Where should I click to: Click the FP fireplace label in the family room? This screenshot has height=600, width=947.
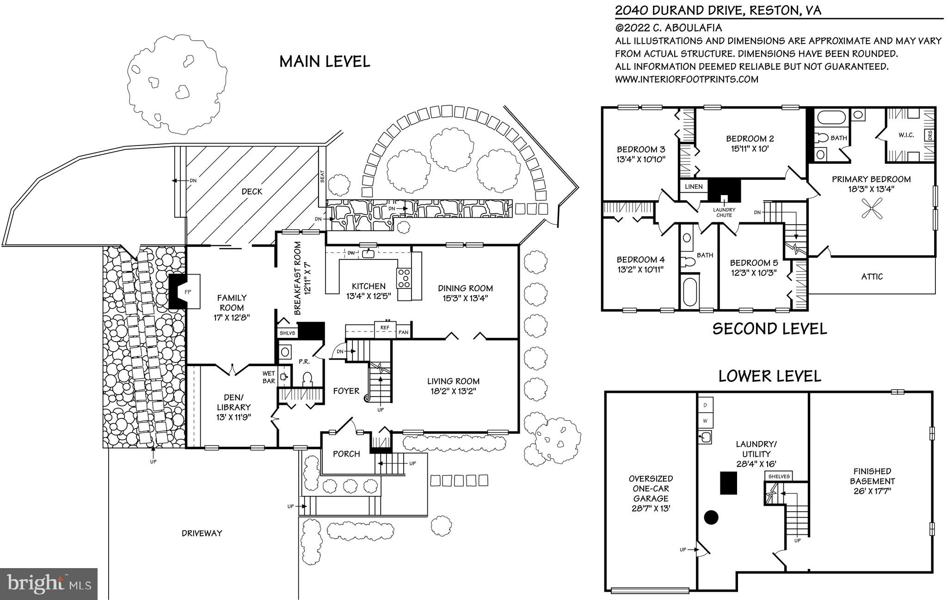(188, 292)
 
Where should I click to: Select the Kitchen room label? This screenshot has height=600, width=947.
(369, 286)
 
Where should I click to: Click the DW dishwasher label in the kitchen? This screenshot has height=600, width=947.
(351, 253)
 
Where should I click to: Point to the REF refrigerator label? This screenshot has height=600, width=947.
(385, 328)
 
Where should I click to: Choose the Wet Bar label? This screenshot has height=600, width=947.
(269, 377)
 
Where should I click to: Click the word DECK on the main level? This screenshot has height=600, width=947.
(252, 191)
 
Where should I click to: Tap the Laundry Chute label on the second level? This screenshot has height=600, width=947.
(724, 213)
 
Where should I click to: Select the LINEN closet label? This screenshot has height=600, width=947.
(694, 187)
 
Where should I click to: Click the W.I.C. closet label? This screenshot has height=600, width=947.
(906, 135)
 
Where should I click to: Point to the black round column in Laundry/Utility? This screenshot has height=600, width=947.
(711, 517)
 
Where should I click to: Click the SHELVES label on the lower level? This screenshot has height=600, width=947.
(779, 476)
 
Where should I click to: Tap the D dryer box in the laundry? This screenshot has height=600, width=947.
(705, 405)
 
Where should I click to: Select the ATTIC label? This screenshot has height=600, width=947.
(872, 276)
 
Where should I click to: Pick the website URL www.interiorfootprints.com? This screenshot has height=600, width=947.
(687, 79)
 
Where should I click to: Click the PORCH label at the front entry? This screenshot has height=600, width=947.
(346, 454)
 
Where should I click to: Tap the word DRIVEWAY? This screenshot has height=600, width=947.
(202, 533)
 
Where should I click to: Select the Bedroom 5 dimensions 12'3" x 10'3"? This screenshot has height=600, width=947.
(754, 273)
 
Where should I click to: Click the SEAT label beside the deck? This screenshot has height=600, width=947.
(322, 176)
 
